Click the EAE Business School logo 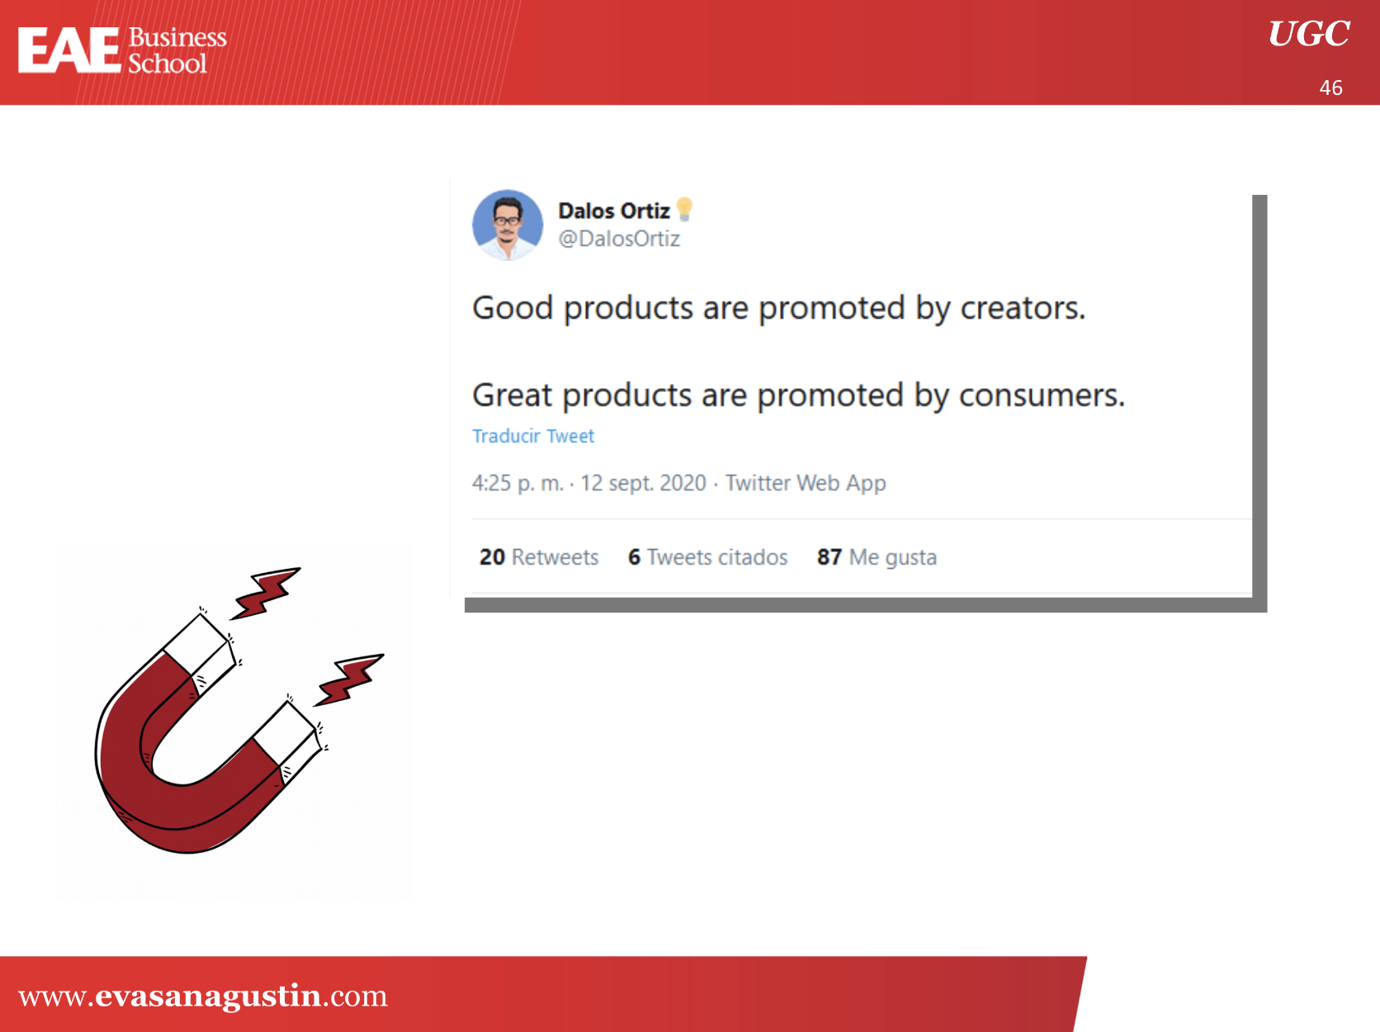pyautogui.click(x=122, y=50)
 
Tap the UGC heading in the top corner pyautogui.click(x=1309, y=33)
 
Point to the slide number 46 pyautogui.click(x=1331, y=88)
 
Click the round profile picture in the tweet pyautogui.click(x=508, y=225)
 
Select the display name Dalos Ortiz pyautogui.click(x=613, y=211)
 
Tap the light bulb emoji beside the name pyautogui.click(x=685, y=209)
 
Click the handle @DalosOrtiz pyautogui.click(x=619, y=239)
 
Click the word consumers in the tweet pyautogui.click(x=1042, y=395)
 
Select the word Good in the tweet pyautogui.click(x=513, y=308)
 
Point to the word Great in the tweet pyautogui.click(x=513, y=395)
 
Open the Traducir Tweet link pyautogui.click(x=533, y=436)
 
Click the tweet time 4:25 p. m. pyautogui.click(x=518, y=483)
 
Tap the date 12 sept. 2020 pyautogui.click(x=643, y=483)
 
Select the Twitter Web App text pyautogui.click(x=806, y=483)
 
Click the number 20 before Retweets pyautogui.click(x=492, y=557)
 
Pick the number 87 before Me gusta pyautogui.click(x=829, y=557)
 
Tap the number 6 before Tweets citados pyautogui.click(x=635, y=557)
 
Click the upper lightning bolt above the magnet pyautogui.click(x=265, y=593)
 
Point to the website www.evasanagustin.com pyautogui.click(x=203, y=996)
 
